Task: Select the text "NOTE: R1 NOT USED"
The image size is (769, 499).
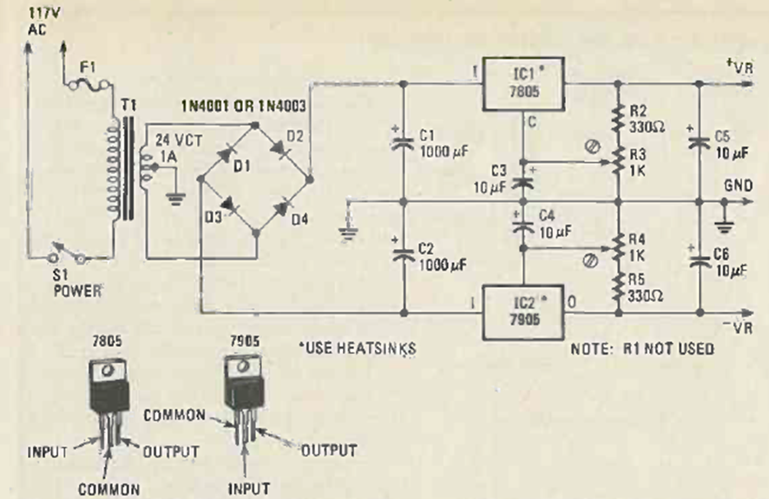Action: [x=641, y=349]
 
